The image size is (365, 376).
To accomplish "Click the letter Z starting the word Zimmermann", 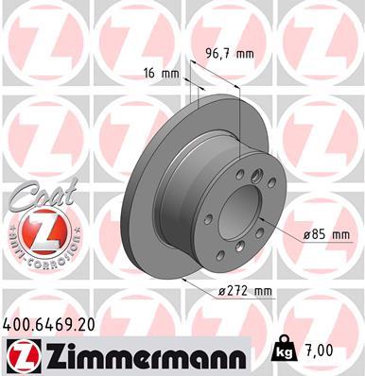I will click(50, 354).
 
